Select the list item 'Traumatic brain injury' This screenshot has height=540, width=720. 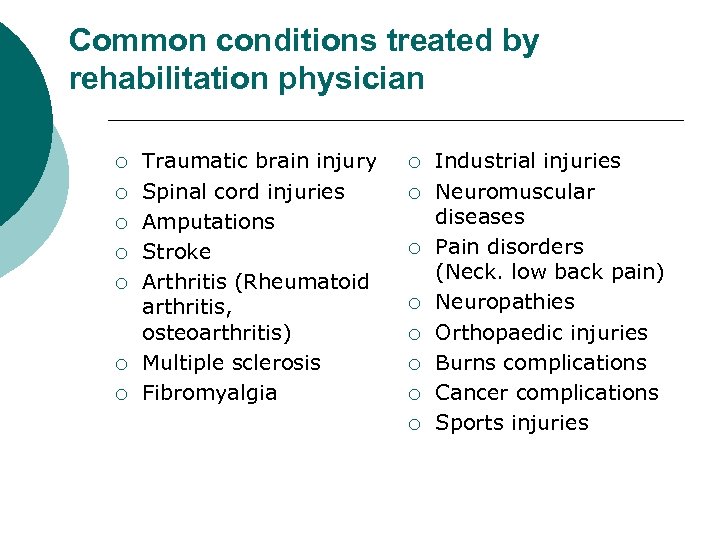(259, 161)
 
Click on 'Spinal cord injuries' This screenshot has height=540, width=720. (243, 191)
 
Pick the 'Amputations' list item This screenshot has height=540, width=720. (208, 221)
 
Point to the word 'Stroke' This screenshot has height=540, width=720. (177, 251)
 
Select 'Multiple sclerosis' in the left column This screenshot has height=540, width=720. (231, 362)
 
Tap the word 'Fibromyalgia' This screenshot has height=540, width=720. (209, 392)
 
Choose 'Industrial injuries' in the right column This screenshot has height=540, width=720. (528, 161)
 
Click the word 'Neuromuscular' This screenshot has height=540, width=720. (515, 191)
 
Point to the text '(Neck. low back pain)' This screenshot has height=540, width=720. (550, 272)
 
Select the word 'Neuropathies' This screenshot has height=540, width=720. (505, 302)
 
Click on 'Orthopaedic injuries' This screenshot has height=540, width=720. (541, 332)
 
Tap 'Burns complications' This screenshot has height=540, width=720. (541, 362)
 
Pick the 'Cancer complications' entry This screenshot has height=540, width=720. (547, 392)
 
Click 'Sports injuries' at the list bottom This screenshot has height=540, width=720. (512, 422)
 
